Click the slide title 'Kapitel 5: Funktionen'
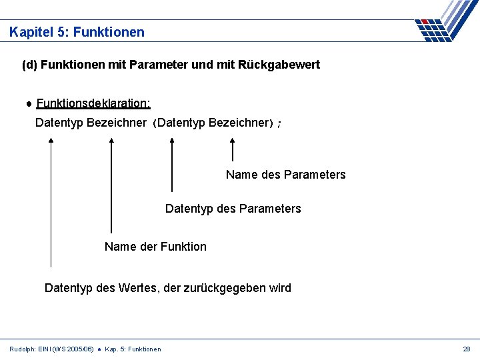point(77,32)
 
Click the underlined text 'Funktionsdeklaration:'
point(93,103)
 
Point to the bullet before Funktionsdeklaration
point(30,104)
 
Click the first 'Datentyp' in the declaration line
point(59,123)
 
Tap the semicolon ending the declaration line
point(279,124)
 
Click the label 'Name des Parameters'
point(285,175)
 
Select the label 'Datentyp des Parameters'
point(233,209)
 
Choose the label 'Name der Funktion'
point(155,247)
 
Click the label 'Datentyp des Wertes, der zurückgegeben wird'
point(167,288)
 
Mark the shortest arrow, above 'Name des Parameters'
point(233,149)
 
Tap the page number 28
point(466,349)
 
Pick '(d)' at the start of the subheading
point(29,65)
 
